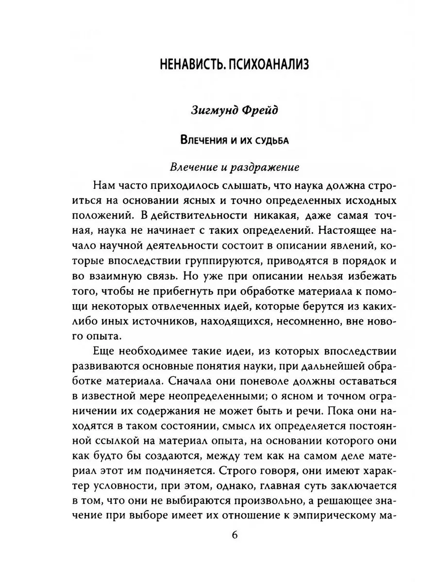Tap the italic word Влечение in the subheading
point(193,167)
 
